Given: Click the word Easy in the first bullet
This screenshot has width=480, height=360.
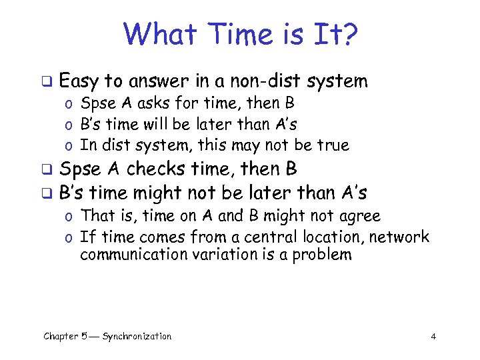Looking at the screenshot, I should pyautogui.click(x=79, y=81).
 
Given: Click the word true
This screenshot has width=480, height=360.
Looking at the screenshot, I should pyautogui.click(x=333, y=145).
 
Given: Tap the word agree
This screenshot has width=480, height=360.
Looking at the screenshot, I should pyautogui.click(x=358, y=216).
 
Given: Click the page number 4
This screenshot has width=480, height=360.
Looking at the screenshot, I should pyautogui.click(x=433, y=337).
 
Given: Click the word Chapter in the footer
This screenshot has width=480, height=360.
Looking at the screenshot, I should pyautogui.click(x=61, y=337).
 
